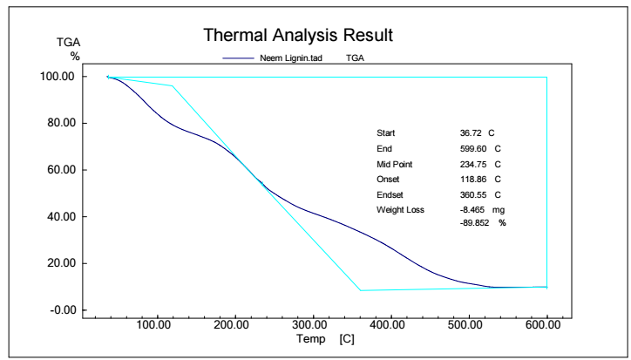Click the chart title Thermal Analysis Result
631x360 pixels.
299,36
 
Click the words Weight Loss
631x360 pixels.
400,210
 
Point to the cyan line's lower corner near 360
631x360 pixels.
360,290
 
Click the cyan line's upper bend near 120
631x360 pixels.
173,85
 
